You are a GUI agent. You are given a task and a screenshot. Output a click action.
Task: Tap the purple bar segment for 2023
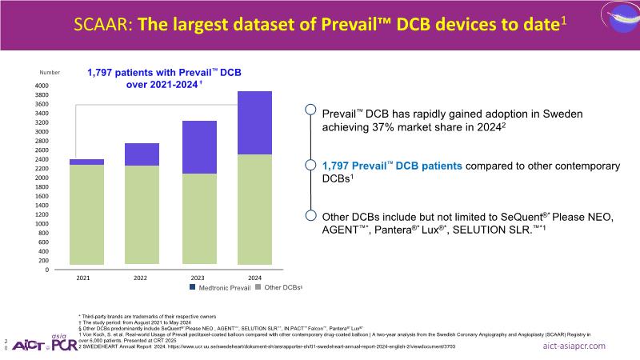point(200,147)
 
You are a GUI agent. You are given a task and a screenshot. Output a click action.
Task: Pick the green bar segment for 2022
point(141,214)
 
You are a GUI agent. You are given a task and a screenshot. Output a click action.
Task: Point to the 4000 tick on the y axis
point(41,86)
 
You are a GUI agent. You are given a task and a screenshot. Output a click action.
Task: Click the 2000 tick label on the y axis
point(41,178)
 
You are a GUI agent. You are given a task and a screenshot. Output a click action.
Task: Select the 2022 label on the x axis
point(141,278)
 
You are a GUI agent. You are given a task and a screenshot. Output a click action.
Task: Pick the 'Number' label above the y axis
point(50,73)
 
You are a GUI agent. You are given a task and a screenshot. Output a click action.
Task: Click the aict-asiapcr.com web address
point(574,346)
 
